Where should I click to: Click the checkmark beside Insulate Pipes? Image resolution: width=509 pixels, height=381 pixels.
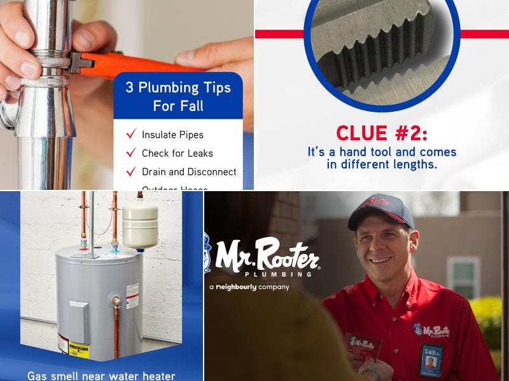click(x=132, y=134)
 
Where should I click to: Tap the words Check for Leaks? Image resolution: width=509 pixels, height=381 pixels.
click(x=177, y=153)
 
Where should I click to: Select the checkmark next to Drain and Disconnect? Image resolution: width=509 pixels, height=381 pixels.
click(x=132, y=171)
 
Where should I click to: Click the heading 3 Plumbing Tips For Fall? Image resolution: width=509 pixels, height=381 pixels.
click(x=178, y=96)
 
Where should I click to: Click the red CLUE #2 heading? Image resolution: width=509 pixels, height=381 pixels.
click(x=382, y=133)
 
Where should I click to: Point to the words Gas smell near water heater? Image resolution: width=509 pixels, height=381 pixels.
click(x=101, y=375)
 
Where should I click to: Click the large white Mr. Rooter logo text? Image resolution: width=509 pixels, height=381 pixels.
click(x=267, y=255)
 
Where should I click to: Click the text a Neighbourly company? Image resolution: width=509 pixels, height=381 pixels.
click(x=249, y=287)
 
